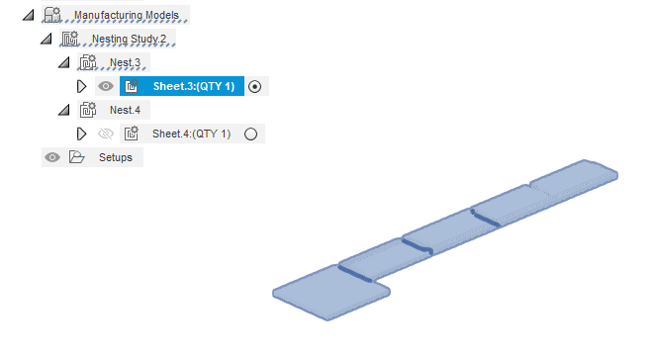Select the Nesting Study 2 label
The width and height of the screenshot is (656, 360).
click(134, 40)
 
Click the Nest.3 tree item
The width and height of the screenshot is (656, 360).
click(126, 62)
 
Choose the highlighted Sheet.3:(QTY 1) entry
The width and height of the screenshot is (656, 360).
click(193, 86)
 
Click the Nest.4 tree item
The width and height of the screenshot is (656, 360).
click(126, 110)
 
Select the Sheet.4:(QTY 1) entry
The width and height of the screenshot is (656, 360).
click(191, 134)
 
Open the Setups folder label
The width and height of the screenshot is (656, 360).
click(115, 157)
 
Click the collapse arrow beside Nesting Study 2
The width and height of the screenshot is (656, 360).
click(46, 40)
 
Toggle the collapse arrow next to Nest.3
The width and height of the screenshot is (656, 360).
click(64, 62)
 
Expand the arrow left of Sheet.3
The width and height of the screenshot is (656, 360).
click(82, 86)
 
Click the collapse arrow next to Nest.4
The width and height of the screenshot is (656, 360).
click(64, 110)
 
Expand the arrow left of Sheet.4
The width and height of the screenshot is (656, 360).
click(82, 134)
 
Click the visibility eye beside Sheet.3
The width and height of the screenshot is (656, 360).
click(106, 86)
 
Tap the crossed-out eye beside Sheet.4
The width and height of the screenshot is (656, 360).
click(106, 134)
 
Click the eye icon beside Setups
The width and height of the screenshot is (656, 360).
click(52, 157)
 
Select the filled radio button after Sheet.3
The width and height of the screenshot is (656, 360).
click(254, 86)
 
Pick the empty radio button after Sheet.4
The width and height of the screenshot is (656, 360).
click(250, 134)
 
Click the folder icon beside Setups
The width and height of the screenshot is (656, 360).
click(76, 157)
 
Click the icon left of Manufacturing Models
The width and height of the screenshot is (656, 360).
click(51, 16)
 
